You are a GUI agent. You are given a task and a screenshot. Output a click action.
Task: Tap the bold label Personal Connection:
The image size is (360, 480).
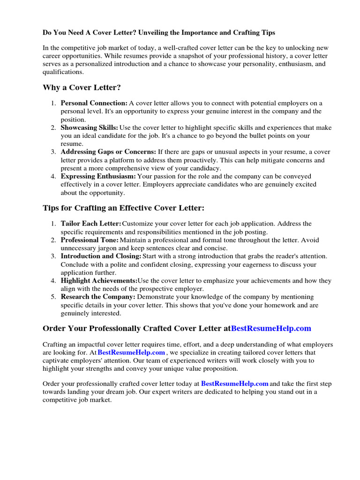click(x=94, y=103)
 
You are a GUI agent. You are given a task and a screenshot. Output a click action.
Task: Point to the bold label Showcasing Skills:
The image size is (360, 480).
click(x=90, y=127)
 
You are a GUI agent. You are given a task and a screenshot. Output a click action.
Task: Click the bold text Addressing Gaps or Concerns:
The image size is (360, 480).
click(x=108, y=152)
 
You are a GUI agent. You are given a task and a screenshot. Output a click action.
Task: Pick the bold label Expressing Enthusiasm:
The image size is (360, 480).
click(x=98, y=176)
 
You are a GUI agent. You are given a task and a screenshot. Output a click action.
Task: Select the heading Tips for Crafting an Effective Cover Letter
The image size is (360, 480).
click(x=124, y=208)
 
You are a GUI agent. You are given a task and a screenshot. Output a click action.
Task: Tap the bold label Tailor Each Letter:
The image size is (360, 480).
click(x=90, y=224)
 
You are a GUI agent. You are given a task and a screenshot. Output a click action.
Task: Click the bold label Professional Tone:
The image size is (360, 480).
click(x=90, y=240)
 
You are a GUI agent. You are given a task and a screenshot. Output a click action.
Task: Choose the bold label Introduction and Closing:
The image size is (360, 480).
click(x=101, y=256)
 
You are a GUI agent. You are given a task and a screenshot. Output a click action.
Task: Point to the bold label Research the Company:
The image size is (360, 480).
click(x=98, y=297)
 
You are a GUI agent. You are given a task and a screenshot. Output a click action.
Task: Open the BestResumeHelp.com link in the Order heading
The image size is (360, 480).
click(x=271, y=328)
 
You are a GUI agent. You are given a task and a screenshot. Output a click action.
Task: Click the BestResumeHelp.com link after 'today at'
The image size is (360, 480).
click(x=235, y=383)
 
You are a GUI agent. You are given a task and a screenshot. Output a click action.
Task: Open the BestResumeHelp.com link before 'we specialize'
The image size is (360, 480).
click(x=131, y=352)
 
